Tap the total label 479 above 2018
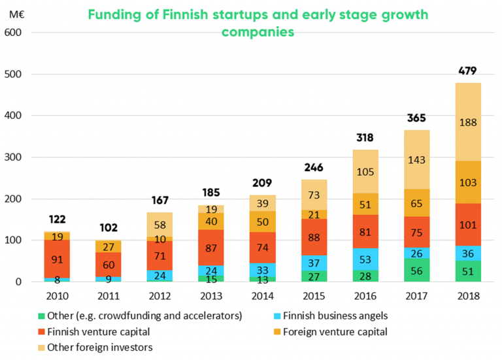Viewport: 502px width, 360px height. (467, 71)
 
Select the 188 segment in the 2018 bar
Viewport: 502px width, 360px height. (468, 122)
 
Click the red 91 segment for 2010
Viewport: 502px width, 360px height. (57, 259)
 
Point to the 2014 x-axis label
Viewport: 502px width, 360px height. (263, 296)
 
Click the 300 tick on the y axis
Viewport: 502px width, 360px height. (13, 157)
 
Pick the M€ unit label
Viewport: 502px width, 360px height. (16, 15)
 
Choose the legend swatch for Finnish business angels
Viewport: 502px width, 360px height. (277, 316)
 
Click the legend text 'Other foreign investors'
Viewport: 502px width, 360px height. (100, 348)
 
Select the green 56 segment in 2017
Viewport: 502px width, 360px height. (416, 270)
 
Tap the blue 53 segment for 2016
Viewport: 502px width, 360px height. (365, 259)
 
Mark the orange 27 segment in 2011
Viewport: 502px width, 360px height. (109, 247)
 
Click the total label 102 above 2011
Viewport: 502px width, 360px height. (109, 228)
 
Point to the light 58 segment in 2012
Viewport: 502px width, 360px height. (159, 225)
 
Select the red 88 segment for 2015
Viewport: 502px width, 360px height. (314, 237)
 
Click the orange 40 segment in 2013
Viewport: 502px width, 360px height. (211, 221)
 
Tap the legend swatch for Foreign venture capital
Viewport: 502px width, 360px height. (277, 332)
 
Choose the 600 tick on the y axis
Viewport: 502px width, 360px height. (13, 33)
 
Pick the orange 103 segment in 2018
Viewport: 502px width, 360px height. (468, 182)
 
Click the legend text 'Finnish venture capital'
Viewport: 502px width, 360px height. (99, 332)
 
